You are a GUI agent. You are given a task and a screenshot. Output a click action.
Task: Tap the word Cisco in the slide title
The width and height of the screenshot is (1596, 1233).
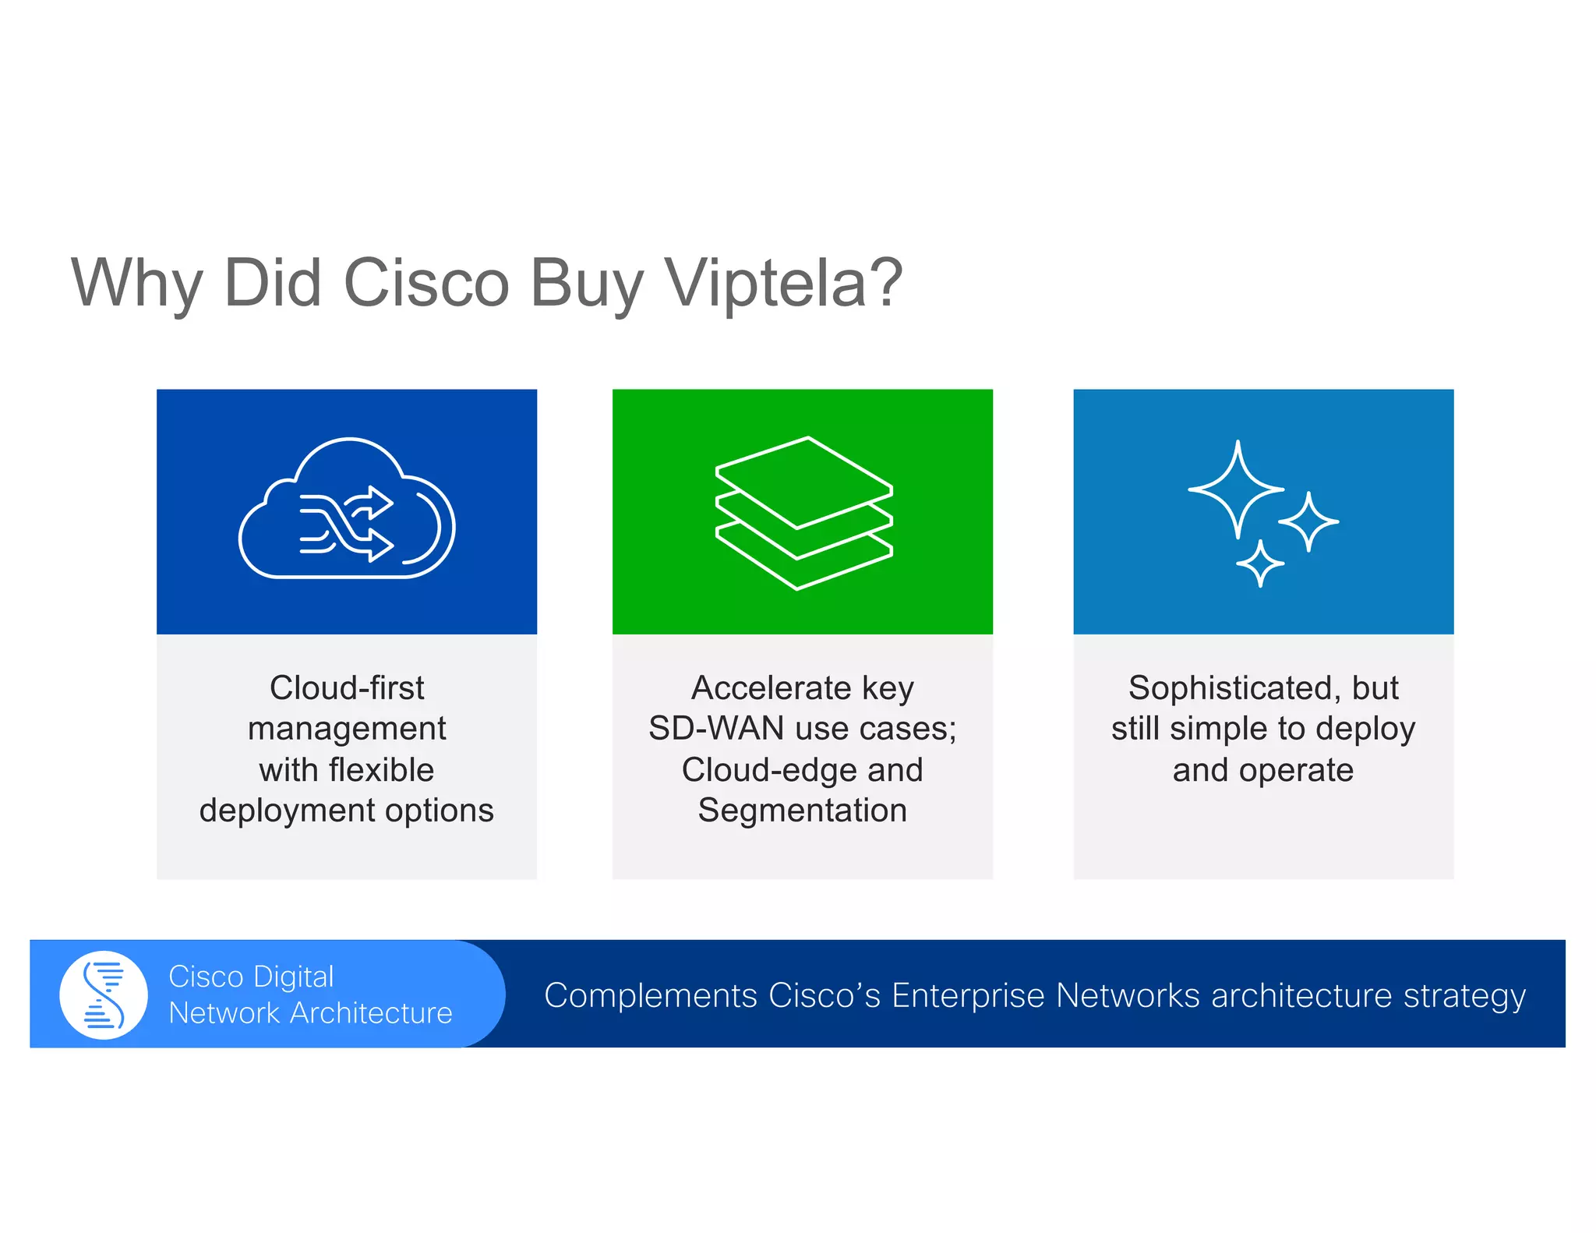pyautogui.click(x=425, y=283)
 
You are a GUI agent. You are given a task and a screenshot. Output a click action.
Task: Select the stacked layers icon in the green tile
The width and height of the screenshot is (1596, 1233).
pyautogui.click(x=803, y=513)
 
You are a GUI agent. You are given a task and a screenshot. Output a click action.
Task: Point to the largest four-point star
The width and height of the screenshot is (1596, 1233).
pyautogui.click(x=1236, y=489)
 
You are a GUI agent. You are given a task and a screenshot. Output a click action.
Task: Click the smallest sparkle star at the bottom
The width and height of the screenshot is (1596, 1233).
pyautogui.click(x=1259, y=564)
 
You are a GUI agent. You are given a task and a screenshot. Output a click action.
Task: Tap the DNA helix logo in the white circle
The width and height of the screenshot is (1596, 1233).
pyautogui.click(x=104, y=995)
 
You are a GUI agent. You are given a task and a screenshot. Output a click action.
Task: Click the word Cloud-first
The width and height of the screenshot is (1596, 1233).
pyautogui.click(x=347, y=688)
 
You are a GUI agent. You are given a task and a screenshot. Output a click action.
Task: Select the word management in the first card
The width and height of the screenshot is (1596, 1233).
pyautogui.click(x=347, y=729)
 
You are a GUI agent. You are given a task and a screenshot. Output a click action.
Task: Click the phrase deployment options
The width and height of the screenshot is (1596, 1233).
pyautogui.click(x=347, y=811)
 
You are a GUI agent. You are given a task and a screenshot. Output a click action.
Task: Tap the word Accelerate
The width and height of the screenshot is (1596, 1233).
pyautogui.click(x=771, y=688)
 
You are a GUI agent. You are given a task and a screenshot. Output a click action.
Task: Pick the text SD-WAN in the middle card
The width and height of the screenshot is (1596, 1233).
pyautogui.click(x=716, y=729)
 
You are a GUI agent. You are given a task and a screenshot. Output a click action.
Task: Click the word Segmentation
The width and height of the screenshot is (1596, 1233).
pyautogui.click(x=803, y=811)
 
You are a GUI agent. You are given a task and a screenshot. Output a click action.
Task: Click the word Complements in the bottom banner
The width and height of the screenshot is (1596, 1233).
pyautogui.click(x=651, y=995)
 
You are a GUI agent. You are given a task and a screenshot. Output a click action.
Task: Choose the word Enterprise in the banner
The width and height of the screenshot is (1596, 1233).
pyautogui.click(x=967, y=995)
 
